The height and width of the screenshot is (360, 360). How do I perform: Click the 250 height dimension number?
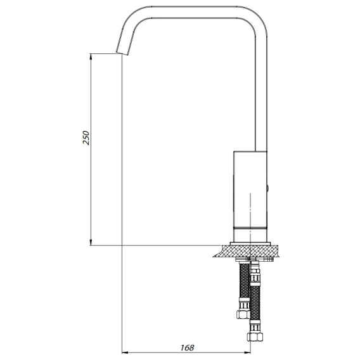[x=86, y=138]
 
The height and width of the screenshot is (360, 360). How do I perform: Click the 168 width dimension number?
[x=187, y=347]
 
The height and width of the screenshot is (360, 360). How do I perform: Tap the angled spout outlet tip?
[x=122, y=53]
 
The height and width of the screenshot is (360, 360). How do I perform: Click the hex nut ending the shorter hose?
[x=243, y=314]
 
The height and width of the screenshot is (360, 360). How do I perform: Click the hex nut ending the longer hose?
[x=255, y=337]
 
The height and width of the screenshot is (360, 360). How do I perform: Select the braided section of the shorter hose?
[x=244, y=281]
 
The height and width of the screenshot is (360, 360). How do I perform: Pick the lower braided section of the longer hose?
[x=255, y=304]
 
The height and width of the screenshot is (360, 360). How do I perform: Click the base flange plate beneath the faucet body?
[x=250, y=243]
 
